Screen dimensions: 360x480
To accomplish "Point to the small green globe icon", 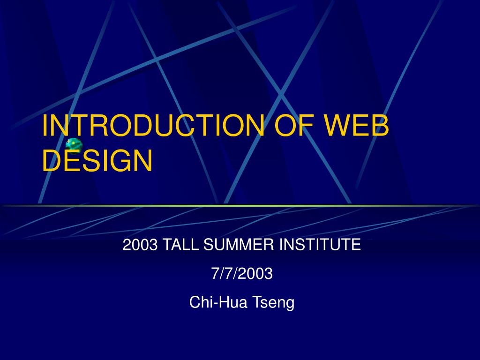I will (74, 145).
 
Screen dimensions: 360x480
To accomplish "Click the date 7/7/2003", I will (242, 273).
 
